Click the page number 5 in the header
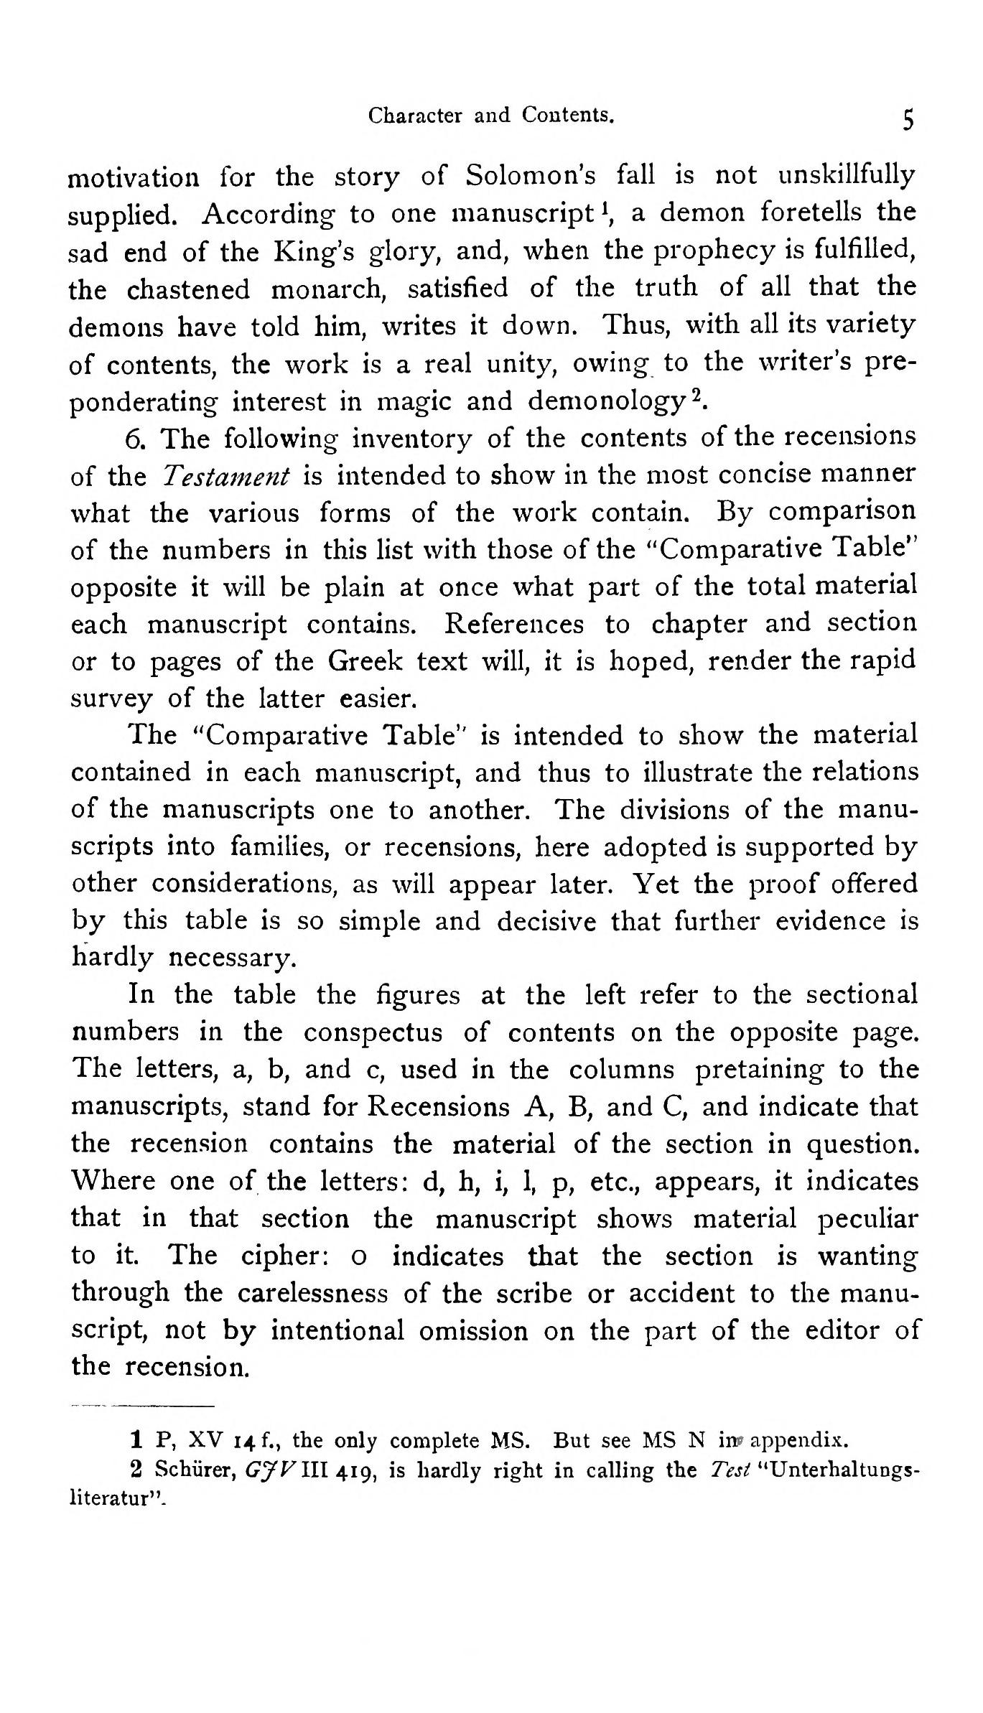point(908,119)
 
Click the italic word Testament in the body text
point(225,476)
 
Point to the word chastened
point(189,289)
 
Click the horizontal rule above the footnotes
point(143,1405)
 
